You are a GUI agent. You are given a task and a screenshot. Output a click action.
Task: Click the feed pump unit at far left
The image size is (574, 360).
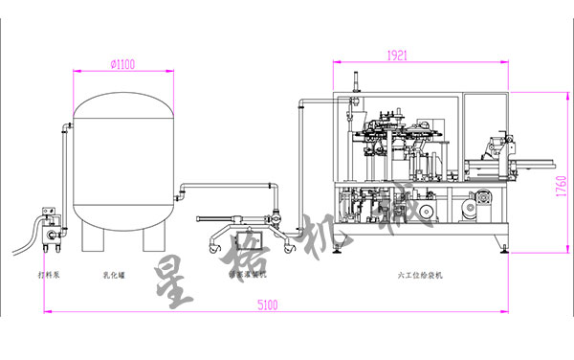click(x=49, y=224)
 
